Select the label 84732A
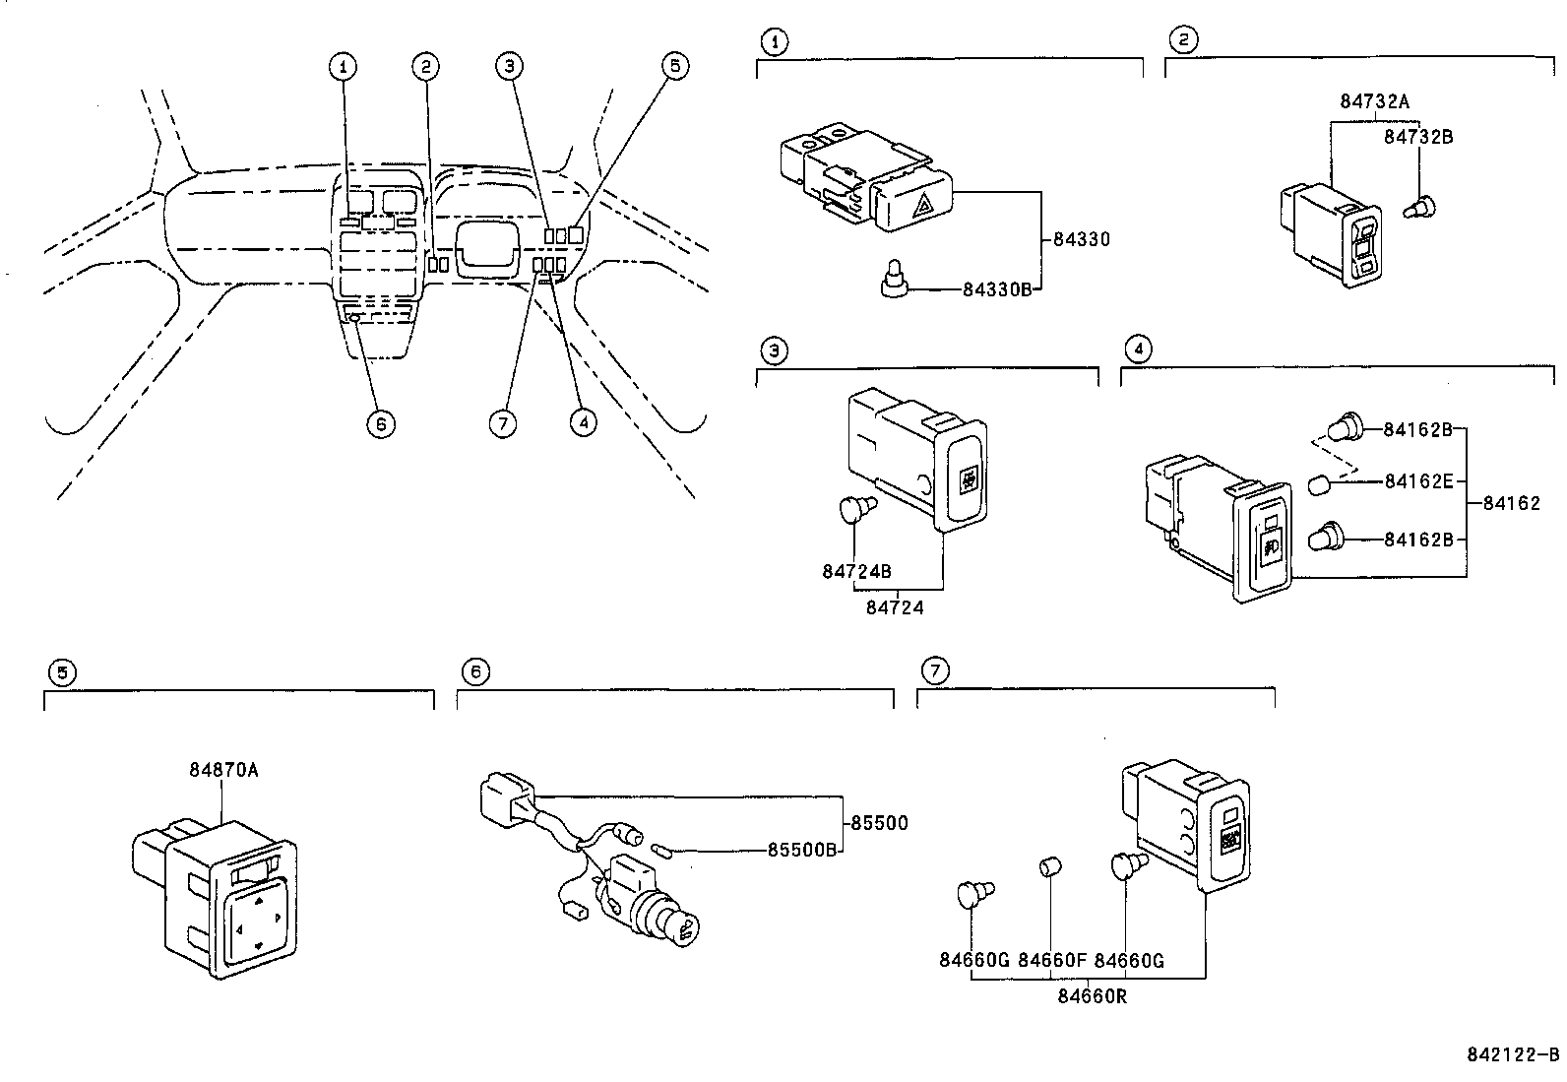coord(1374,101)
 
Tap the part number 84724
coord(895,607)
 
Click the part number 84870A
coord(223,769)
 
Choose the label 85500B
coord(801,850)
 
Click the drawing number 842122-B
coord(1513,1055)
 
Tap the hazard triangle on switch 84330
coord(924,205)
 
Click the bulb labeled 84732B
coord(1420,208)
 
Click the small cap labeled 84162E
coord(1320,483)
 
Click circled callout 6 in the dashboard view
coord(380,423)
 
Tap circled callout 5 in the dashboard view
coord(674,66)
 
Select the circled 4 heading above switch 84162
coord(1137,349)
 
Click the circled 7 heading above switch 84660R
coord(933,671)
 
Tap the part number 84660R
coord(1093,995)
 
